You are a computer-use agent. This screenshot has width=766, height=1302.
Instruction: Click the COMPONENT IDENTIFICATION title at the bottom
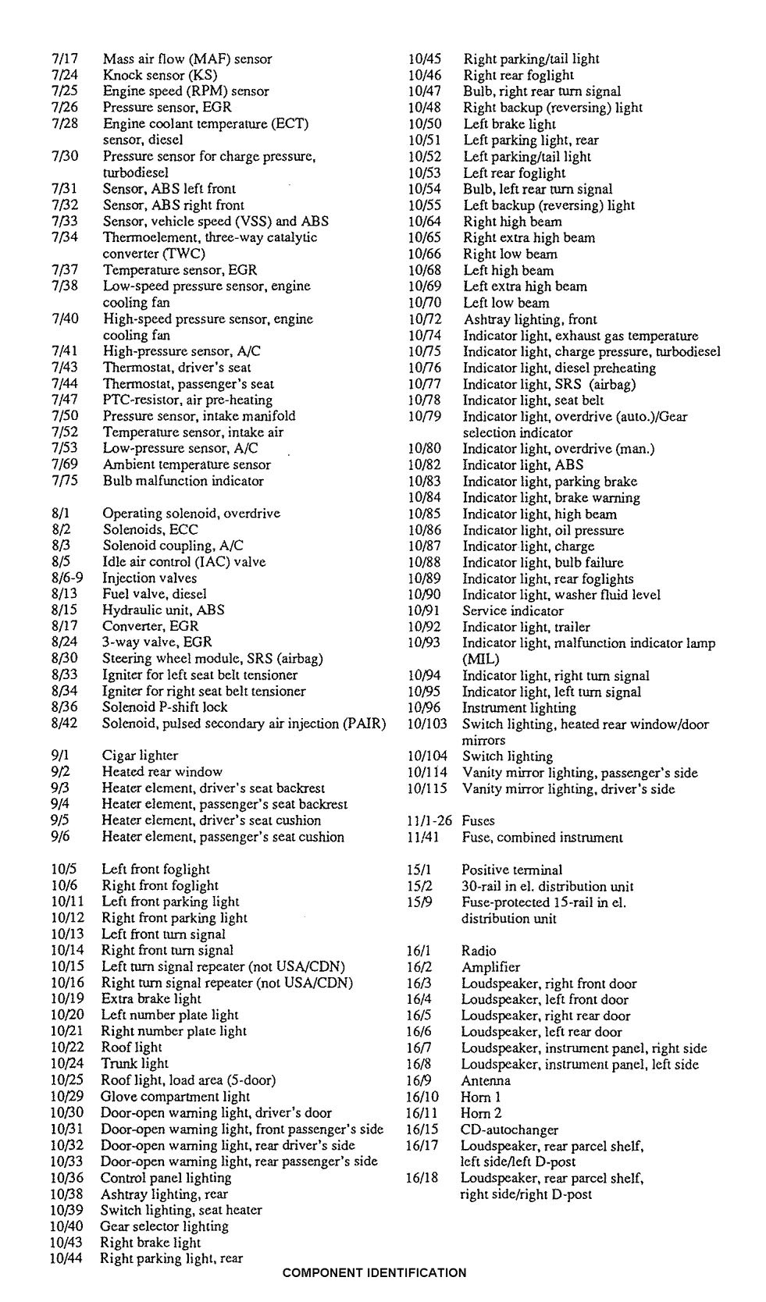coord(374,1272)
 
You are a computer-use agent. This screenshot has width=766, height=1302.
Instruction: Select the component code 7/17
coord(64,59)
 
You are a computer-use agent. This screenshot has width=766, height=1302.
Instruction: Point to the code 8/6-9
coord(67,578)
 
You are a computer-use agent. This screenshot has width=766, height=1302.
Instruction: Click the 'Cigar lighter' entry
coord(140,755)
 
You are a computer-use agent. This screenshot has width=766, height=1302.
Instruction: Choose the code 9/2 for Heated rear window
coord(61,771)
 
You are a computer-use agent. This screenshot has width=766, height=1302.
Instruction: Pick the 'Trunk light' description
coord(134,1063)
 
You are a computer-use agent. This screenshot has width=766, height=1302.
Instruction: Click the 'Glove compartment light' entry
coord(175,1096)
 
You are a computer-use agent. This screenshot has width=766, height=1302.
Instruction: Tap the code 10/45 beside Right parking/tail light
coord(425,59)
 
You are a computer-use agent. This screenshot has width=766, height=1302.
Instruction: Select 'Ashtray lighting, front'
coord(530,319)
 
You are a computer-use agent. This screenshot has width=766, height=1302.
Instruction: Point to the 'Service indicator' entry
coord(512,610)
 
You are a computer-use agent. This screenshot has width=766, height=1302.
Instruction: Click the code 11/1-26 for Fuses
coord(429,820)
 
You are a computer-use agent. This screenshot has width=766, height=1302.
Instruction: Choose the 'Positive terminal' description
coord(511,870)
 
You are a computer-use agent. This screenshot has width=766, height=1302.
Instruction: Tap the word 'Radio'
coord(479,951)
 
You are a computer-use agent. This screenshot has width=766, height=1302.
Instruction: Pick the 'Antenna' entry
coord(486,1080)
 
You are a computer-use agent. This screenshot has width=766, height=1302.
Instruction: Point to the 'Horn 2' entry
coord(481,1113)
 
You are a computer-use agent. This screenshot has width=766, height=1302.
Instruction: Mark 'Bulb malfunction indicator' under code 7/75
coord(183,481)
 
